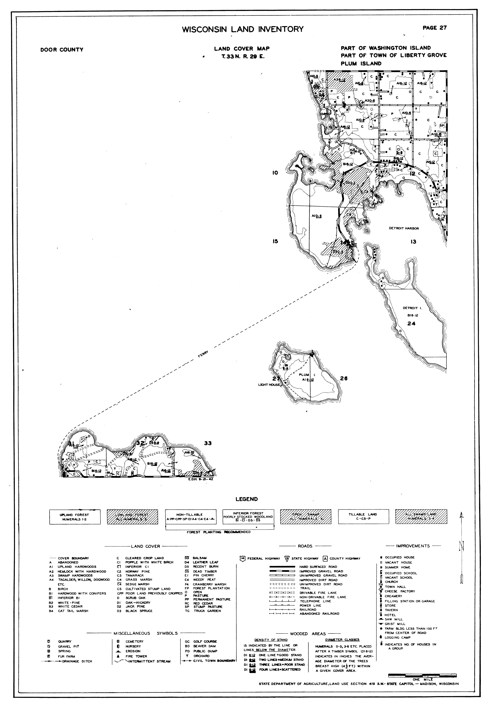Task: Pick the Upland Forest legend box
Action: [x=75, y=517]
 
